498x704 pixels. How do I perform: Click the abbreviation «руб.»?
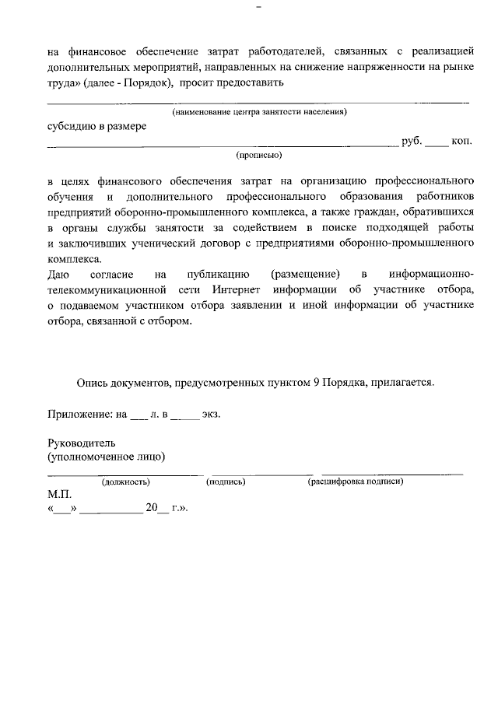[x=412, y=142]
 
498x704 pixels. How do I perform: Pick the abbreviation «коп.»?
[x=462, y=142]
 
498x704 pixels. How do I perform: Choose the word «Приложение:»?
[x=79, y=415]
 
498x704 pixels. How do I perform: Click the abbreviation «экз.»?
[x=211, y=415]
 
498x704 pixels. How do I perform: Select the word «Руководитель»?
[x=82, y=442]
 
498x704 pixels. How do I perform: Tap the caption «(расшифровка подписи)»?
[x=356, y=482]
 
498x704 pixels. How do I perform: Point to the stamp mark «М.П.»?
[x=59, y=495]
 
